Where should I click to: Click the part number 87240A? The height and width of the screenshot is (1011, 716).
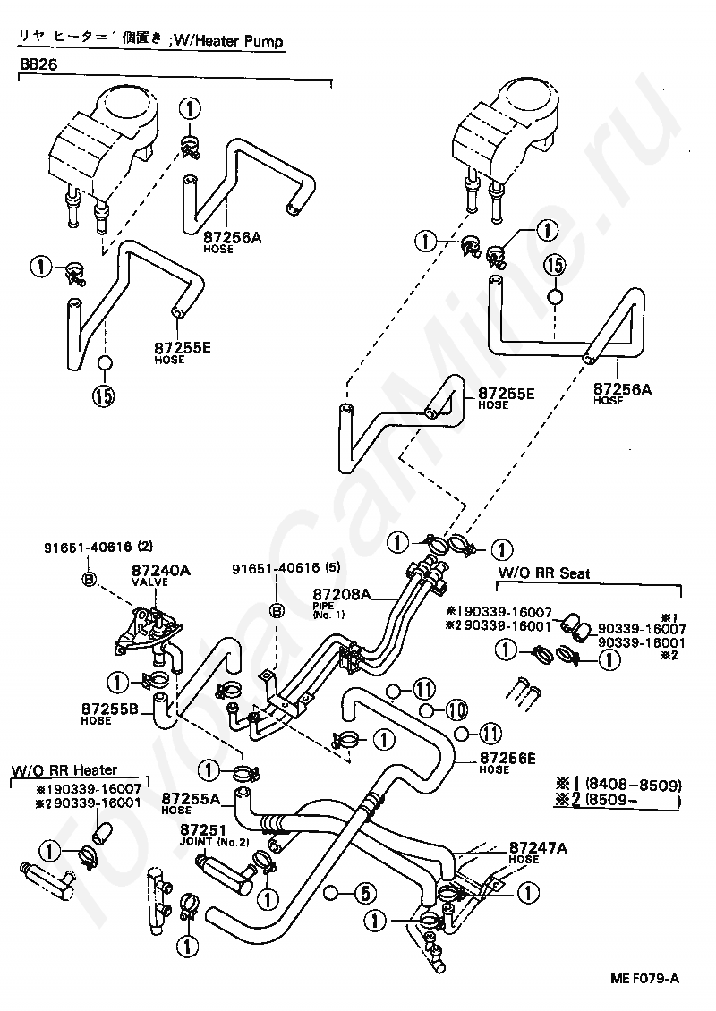click(x=161, y=569)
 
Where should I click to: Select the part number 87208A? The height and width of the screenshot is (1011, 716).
click(x=337, y=593)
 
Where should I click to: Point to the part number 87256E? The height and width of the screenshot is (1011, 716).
click(x=507, y=759)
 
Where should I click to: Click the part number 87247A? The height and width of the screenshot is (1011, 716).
click(x=537, y=847)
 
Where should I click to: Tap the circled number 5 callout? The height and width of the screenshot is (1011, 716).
click(x=362, y=892)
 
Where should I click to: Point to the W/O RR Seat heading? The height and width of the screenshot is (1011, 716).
click(x=533, y=573)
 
